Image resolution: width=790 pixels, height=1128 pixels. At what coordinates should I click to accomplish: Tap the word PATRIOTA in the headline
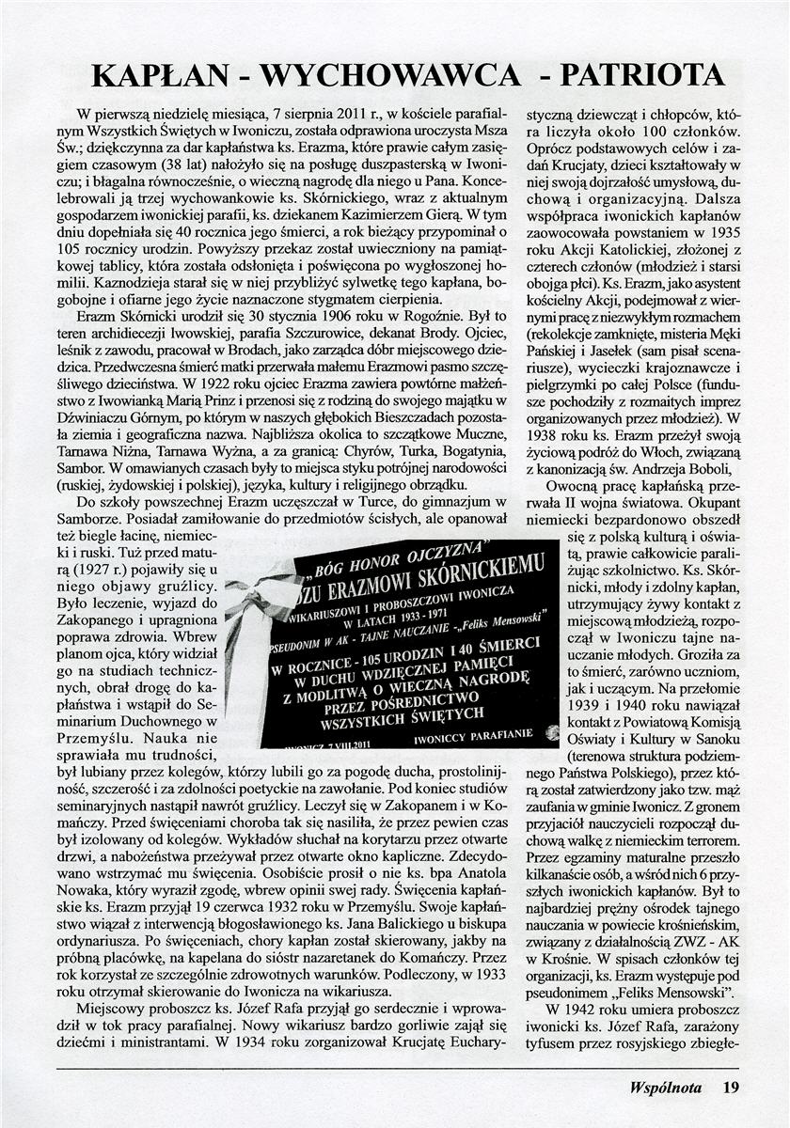point(644,74)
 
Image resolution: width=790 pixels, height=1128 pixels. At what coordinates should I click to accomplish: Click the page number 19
point(731,1088)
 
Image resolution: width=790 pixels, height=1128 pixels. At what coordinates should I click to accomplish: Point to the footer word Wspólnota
point(666,1088)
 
